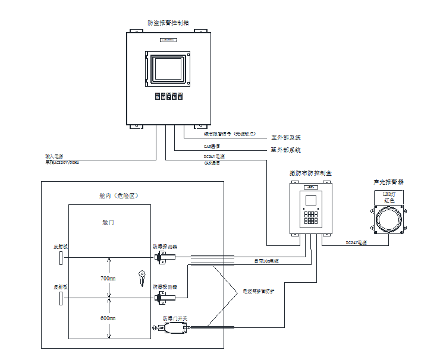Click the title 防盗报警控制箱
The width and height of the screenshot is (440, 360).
pyautogui.click(x=168, y=23)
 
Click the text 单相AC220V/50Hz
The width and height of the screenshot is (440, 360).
pyautogui.click(x=62, y=162)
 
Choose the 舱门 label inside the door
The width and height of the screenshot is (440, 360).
pyautogui.click(x=108, y=222)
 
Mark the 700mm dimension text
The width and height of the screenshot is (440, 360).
pyautogui.click(x=108, y=277)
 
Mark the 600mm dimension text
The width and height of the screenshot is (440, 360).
pyautogui.click(x=108, y=318)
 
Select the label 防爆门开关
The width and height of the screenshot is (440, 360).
pyautogui.click(x=175, y=318)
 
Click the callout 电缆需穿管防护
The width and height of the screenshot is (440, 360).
pyautogui.click(x=263, y=292)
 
